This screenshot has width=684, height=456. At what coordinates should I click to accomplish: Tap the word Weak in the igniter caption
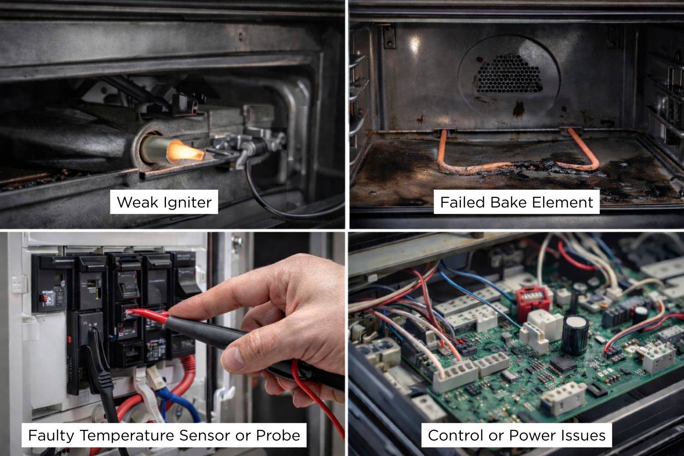click(137, 202)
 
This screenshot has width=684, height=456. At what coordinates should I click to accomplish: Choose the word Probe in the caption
click(278, 435)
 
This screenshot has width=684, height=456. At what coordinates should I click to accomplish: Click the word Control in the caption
click(456, 435)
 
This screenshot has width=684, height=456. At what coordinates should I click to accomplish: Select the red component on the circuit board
click(532, 300)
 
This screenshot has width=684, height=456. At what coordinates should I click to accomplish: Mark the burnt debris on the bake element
click(547, 168)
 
